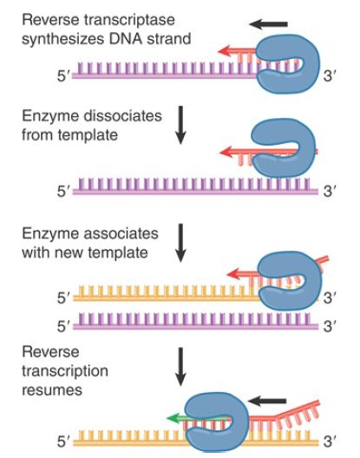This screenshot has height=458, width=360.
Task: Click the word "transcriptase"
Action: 129,20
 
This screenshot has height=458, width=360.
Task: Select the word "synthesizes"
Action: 63,39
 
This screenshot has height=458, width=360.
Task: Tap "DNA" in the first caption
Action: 126,39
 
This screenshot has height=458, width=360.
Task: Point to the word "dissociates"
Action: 122,115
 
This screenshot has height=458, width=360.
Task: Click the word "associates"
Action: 121,233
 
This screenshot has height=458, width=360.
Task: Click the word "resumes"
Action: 52,390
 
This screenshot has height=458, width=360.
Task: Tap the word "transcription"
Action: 65,371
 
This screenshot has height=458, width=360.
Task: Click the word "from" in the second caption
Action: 37,134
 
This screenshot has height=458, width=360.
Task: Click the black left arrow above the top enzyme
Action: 268,24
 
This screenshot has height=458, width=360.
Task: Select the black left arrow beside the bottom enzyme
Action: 266,401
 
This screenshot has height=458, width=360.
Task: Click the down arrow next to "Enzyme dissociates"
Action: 180,125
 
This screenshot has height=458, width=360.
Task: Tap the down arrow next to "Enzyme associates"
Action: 180,243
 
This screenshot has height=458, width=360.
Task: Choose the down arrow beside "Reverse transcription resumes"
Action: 180,367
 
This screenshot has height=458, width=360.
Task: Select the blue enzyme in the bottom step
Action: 217,422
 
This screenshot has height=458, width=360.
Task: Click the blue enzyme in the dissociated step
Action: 283,147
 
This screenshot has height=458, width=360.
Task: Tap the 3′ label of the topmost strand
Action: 330,76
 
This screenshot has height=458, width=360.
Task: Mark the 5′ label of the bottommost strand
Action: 63,442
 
